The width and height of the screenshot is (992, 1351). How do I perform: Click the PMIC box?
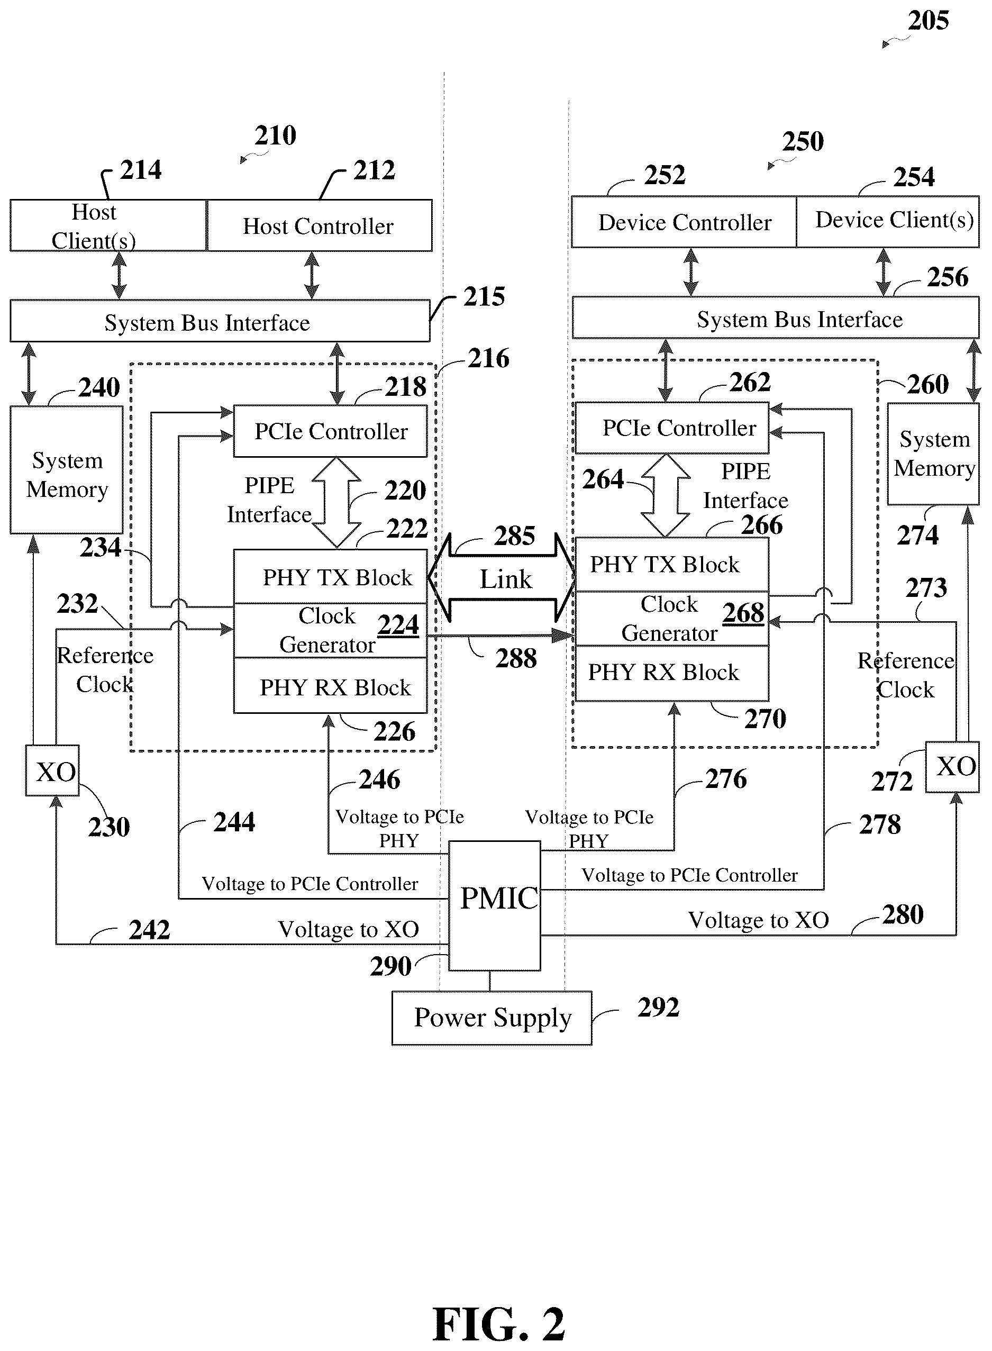coord(494,905)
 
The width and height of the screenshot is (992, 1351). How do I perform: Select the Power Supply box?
coord(492,1018)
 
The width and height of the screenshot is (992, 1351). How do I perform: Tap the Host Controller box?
coord(320,225)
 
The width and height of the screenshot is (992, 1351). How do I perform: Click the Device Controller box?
coord(684,222)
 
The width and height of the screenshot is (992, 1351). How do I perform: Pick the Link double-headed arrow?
coord(502,578)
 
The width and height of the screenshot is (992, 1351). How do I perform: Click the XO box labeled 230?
coord(52,770)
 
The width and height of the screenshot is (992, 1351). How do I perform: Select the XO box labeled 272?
coord(952,767)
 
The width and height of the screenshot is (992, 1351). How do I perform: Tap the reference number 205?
coord(928,21)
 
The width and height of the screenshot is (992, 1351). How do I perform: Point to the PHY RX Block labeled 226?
coord(330,686)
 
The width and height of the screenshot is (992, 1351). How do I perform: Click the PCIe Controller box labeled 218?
coord(330,431)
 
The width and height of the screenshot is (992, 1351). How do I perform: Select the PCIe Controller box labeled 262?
coord(672,428)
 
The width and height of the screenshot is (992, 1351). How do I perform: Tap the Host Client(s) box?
coord(108,225)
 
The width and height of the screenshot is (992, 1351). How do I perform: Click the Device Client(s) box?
coord(888,222)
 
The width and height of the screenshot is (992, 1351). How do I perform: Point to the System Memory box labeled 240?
coord(67,469)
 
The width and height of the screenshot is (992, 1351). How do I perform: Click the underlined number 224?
coord(398,625)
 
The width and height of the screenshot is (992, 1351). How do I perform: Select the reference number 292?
coord(658,1007)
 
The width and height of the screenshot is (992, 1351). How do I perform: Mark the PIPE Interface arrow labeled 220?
coord(337,502)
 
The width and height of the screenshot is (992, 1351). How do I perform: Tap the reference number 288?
coord(516,658)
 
